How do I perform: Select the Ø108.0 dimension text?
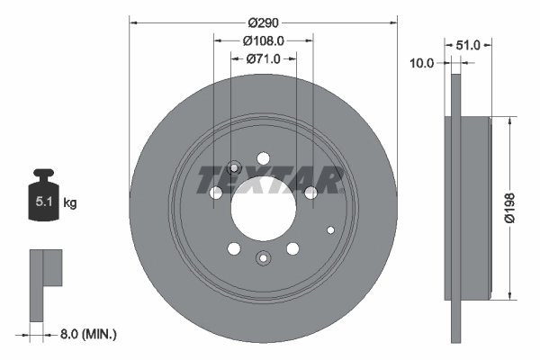(x=264, y=40)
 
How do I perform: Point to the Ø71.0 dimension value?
(x=264, y=58)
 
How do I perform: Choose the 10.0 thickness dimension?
(x=421, y=63)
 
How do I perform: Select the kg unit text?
(x=69, y=204)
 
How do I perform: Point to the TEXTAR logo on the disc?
(x=270, y=180)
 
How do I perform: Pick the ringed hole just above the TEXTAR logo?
(x=234, y=166)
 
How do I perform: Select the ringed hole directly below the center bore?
(x=263, y=259)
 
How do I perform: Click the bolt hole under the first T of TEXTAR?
(x=216, y=193)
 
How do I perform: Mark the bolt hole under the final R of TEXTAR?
(x=310, y=193)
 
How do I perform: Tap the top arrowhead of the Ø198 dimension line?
(x=511, y=121)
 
